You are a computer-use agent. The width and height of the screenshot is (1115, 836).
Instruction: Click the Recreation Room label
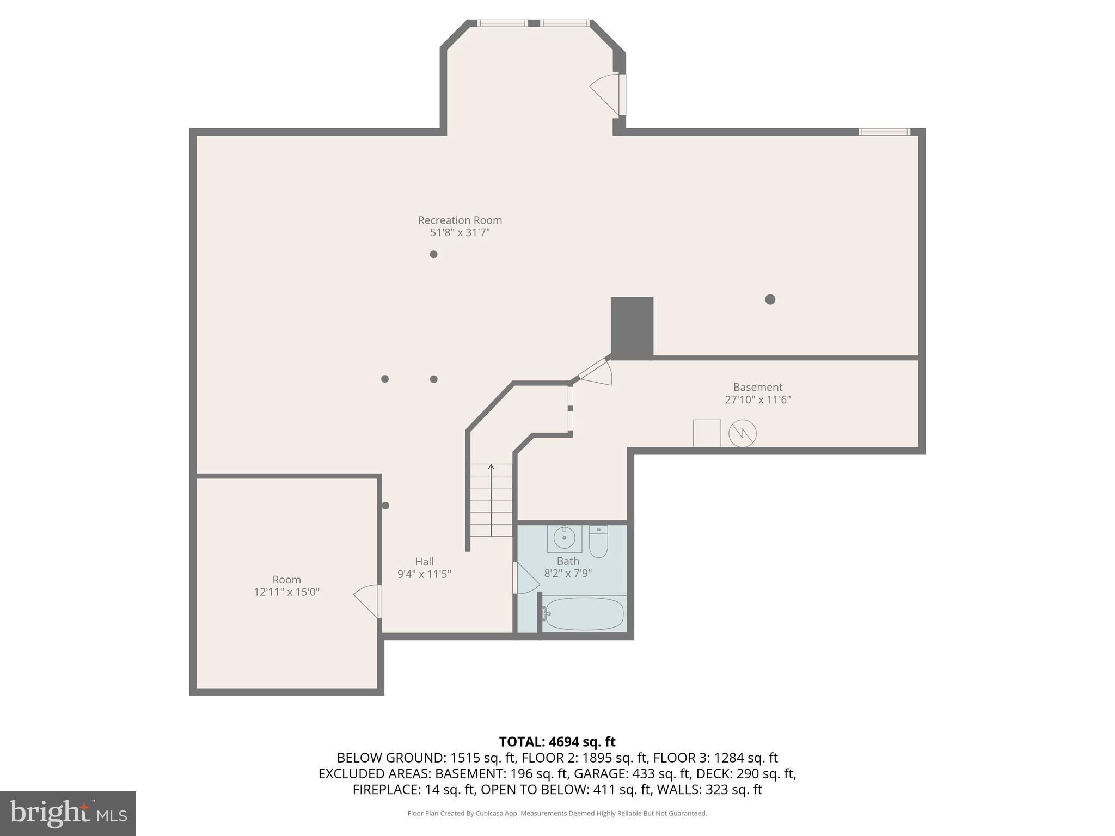pos(460,220)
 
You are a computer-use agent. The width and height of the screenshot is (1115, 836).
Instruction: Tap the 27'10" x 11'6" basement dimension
pos(757,400)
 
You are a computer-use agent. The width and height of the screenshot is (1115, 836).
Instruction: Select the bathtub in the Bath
pos(584,614)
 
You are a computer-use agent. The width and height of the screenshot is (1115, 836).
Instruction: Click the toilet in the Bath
pos(598,542)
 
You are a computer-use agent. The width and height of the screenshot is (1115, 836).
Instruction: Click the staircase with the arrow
pos(491,500)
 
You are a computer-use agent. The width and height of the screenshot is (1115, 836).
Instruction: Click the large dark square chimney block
pos(632,327)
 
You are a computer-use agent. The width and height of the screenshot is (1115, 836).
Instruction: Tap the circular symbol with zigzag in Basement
pos(742,434)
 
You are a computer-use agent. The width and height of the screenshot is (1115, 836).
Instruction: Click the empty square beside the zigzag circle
pos(707,433)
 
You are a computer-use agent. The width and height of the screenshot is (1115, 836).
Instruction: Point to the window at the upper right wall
pos(884,132)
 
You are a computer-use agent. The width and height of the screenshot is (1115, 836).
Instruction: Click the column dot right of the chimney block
pos(770,299)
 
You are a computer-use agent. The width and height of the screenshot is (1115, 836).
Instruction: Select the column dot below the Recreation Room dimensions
pos(433,254)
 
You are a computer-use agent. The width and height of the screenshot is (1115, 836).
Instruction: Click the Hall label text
pos(424,562)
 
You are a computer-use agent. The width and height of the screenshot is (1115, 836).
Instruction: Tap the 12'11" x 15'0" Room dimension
pos(286,592)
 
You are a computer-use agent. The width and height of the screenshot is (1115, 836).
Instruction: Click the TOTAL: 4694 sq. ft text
pos(557,742)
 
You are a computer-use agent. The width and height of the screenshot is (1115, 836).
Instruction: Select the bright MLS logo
pos(68,814)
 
